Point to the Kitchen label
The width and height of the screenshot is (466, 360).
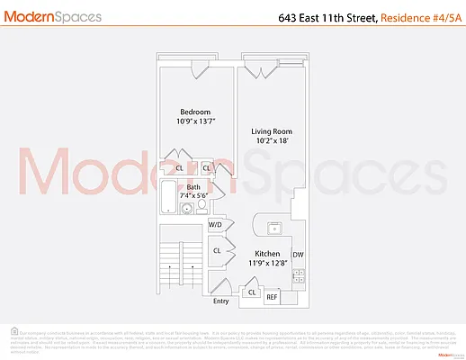(272, 254)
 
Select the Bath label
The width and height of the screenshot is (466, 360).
(193, 186)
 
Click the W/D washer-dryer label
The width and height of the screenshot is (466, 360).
(216, 225)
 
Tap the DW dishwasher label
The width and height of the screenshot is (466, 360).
(298, 255)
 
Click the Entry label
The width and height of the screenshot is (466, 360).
(221, 301)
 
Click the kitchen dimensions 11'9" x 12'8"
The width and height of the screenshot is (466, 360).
(272, 264)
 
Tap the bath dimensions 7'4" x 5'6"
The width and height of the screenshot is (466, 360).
(193, 195)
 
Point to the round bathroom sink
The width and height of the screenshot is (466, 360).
(187, 210)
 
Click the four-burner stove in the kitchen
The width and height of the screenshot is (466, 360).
(298, 275)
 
